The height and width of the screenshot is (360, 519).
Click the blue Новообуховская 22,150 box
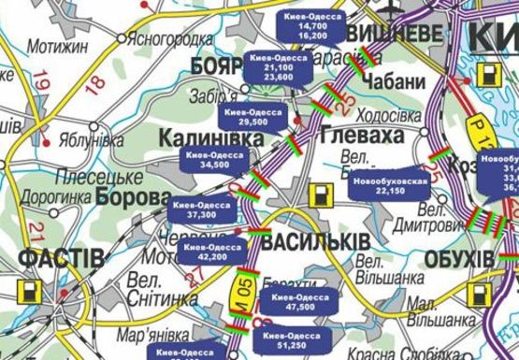393,184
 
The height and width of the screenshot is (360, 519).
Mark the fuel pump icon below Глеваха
323,195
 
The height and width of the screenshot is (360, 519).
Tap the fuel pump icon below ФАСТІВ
29,289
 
